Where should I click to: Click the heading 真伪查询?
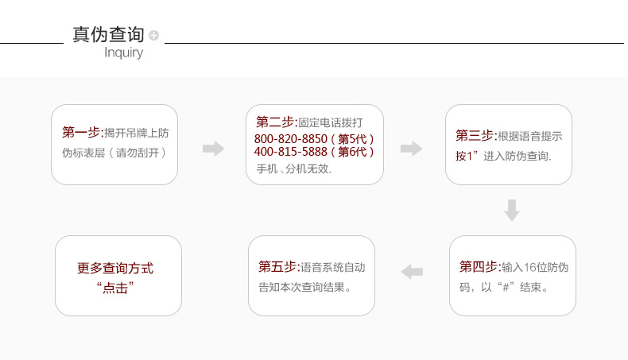[108, 34]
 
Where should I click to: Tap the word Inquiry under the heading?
[124, 52]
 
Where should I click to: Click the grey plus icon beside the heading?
[153, 35]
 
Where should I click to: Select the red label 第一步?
[82, 132]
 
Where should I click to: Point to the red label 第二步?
[276, 122]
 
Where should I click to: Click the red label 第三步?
[475, 136]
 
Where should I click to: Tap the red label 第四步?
[479, 266]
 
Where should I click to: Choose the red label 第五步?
[278, 266]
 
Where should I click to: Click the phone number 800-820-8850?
[291, 139]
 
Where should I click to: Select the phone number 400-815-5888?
[291, 152]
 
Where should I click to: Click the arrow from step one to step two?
[214, 149]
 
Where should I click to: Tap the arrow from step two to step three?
[411, 149]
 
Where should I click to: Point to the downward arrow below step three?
[512, 211]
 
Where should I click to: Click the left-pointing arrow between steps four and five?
[412, 272]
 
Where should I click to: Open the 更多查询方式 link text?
[115, 269]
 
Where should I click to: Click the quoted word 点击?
[115, 288]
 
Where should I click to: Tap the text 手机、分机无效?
[294, 169]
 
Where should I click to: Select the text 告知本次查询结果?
[304, 287]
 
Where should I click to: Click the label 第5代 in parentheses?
[352, 139]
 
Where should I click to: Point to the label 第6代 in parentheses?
[352, 152]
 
